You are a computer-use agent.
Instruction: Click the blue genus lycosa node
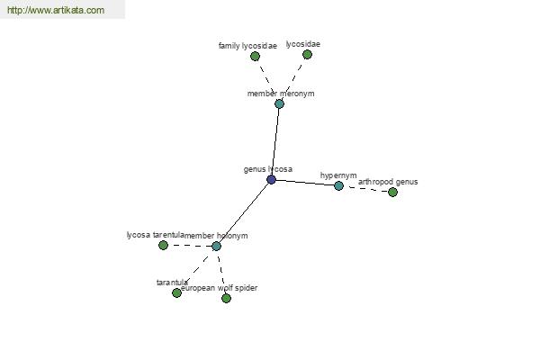click(272, 179)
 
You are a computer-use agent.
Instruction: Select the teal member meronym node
click(279, 103)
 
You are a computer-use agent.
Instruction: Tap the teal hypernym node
click(339, 186)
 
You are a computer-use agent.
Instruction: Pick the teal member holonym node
click(216, 246)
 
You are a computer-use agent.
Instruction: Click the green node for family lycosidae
click(255, 56)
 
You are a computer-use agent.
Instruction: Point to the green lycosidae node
click(307, 54)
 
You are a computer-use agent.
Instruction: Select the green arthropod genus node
click(392, 193)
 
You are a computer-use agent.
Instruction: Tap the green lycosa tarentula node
click(163, 246)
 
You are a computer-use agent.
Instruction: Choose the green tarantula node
click(176, 292)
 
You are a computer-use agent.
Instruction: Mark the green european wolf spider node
click(226, 298)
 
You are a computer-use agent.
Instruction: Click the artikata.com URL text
click(56, 10)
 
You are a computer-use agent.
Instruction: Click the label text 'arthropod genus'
click(388, 182)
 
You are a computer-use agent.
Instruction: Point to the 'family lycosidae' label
click(247, 46)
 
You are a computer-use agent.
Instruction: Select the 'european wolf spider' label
click(219, 288)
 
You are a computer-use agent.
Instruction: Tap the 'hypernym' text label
click(338, 175)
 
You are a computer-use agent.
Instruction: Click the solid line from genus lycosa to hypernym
click(305, 183)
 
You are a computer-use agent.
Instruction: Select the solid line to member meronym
click(275, 141)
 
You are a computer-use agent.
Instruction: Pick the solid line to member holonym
click(244, 213)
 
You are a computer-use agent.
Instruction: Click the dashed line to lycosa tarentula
click(190, 246)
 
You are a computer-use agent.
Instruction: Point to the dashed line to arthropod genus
click(365, 189)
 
